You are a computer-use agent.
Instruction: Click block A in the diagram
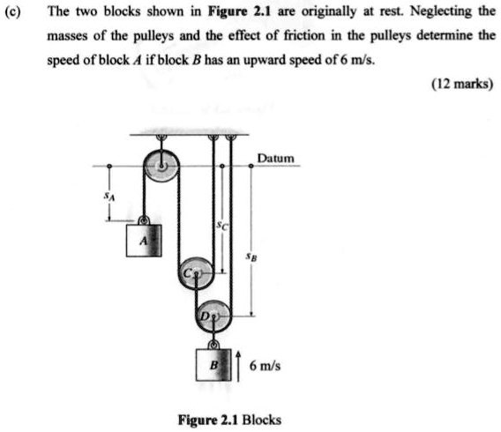[x=143, y=239]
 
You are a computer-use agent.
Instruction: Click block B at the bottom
[x=215, y=363]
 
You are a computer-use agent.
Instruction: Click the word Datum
[x=275, y=159]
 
